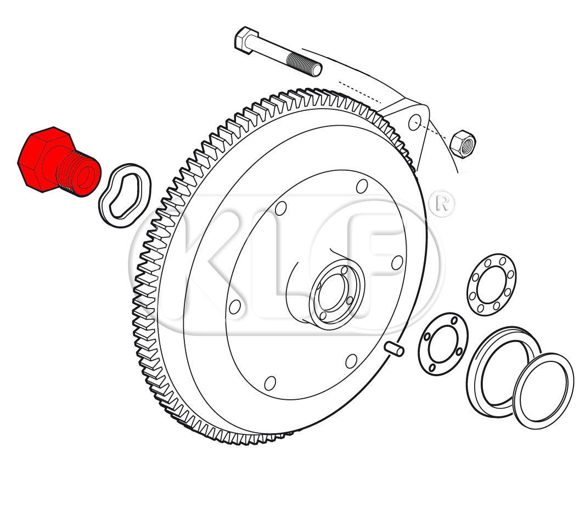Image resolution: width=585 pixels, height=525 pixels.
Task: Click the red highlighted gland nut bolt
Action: coord(58,162)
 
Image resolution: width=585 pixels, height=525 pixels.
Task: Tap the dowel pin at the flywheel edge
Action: coord(395,348)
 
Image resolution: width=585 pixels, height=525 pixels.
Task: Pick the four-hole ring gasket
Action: coord(443,344)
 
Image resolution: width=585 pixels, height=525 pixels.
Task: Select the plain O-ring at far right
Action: coord(543,390)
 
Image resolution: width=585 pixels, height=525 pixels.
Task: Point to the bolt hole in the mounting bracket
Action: coord(415,122)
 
